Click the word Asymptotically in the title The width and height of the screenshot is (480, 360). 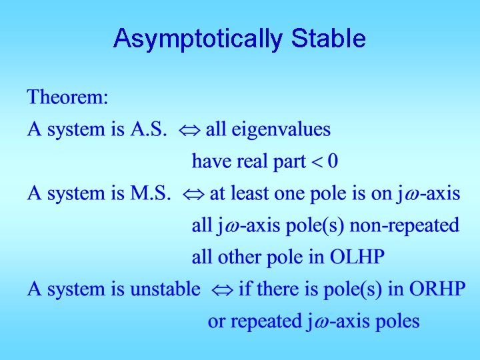tap(199, 39)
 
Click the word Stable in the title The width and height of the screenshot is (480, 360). tap(328, 39)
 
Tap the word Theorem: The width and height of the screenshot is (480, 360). tap(67, 98)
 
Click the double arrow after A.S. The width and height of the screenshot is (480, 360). tap(189, 130)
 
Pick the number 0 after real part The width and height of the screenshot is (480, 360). tap(332, 161)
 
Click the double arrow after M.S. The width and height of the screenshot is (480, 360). tap(193, 195)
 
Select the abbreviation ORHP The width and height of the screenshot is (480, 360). tap(437, 289)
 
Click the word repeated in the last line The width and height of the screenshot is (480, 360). tap(265, 321)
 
